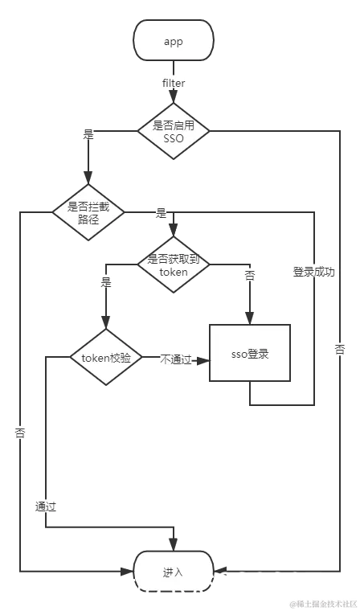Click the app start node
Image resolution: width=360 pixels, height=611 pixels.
pos(174,40)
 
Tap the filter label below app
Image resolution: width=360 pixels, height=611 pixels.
pos(174,83)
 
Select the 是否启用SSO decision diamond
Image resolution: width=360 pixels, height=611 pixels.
pos(174,131)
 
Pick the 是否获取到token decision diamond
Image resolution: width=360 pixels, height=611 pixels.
pos(174,265)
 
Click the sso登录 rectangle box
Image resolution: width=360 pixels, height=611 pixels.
pos(248,354)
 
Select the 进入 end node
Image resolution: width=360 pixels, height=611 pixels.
pos(174,572)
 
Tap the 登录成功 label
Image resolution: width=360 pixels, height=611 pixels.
pos(313,272)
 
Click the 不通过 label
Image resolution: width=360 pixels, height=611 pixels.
pos(175,359)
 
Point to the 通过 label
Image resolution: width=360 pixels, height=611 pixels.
pos(46,507)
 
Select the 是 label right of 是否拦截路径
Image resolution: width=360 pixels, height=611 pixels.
pos(161,213)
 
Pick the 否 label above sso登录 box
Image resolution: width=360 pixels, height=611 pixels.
pos(250,275)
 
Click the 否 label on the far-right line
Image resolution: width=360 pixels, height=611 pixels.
pos(340,351)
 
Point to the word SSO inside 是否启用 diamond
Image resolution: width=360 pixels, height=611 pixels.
pos(174,138)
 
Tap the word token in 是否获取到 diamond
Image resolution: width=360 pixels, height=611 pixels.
pos(174,272)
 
